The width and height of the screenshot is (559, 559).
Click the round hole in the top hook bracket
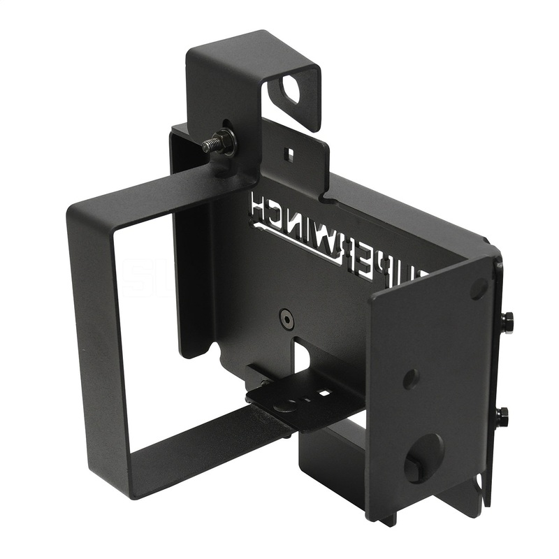pos(289,88)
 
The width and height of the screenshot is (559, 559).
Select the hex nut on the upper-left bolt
pos(226,143)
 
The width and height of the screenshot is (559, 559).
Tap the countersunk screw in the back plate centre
pos(284,317)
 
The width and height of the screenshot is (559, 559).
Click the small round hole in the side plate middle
pos(411,378)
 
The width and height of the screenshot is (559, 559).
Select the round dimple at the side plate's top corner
pos(479,286)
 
